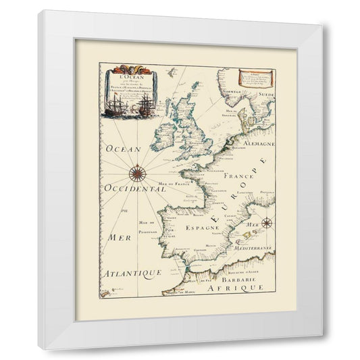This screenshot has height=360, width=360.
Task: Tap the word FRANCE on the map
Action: [x=242, y=176]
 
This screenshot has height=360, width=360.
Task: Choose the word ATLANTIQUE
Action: [x=132, y=273]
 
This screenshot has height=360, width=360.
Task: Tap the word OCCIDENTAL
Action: [x=134, y=190]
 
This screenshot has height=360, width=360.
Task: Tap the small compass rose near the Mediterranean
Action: [x=266, y=223]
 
